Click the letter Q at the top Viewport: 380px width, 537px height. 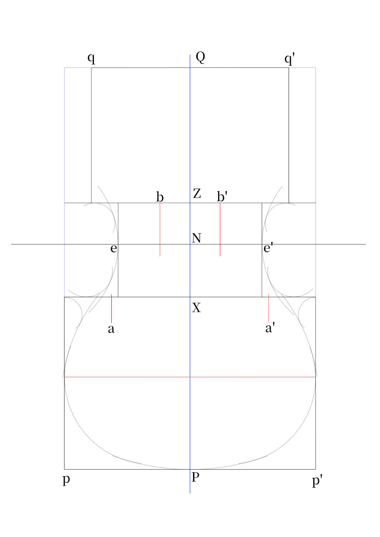(200, 57)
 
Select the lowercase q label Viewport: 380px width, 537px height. (91, 59)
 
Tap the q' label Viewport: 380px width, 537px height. (289, 59)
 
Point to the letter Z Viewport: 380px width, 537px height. (197, 193)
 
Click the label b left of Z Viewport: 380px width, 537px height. (160, 197)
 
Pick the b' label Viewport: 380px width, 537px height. (222, 196)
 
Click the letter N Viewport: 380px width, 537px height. (196, 238)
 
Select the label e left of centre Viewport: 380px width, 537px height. (114, 248)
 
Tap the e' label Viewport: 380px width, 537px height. (268, 247)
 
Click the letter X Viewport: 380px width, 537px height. (196, 308)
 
